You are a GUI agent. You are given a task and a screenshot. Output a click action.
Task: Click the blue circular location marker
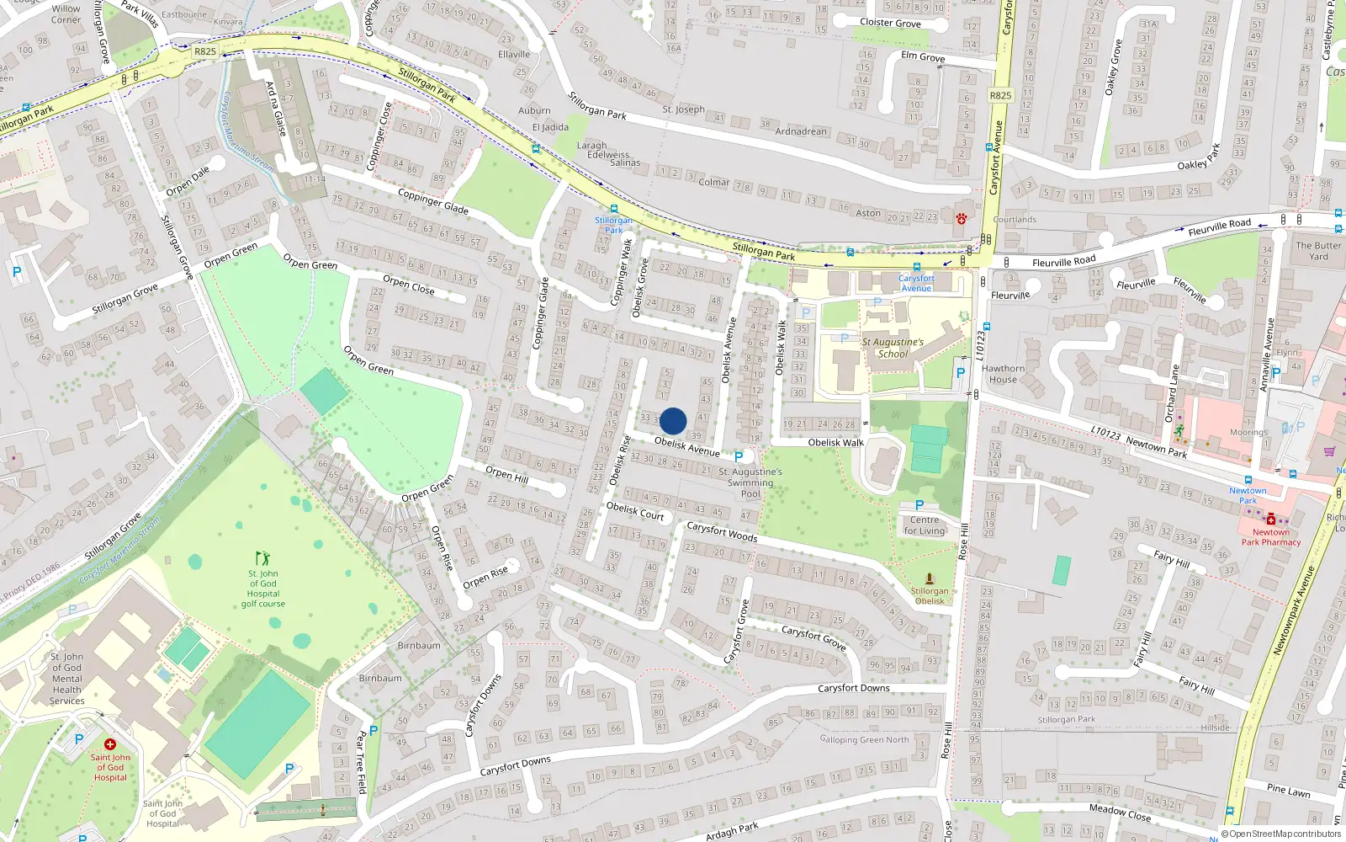673,421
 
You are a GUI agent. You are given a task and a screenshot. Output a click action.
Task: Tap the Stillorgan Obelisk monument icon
929,578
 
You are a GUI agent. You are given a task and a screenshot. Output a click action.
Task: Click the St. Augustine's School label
893,348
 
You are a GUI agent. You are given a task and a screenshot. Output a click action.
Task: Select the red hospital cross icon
109,744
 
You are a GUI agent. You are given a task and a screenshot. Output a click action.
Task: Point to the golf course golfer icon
262,558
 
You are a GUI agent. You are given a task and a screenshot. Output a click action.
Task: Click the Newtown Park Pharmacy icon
1270,520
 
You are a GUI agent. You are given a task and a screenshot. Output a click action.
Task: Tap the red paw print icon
961,219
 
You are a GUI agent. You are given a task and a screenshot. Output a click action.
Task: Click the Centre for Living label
925,525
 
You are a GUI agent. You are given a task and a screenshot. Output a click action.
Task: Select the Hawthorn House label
1003,374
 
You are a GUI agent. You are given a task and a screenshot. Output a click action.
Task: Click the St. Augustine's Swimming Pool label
750,482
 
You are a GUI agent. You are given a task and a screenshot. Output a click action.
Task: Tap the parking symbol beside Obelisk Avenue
739,456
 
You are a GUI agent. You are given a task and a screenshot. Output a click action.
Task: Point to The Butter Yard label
1318,251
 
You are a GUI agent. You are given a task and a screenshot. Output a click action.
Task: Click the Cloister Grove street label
890,23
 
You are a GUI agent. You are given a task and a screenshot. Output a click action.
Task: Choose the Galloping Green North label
864,739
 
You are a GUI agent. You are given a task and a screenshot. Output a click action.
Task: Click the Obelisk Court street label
635,510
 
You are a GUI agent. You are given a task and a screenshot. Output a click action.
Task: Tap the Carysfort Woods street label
722,531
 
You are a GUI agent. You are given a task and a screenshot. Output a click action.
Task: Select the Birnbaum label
419,646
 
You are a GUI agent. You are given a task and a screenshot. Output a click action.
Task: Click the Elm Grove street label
923,57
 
